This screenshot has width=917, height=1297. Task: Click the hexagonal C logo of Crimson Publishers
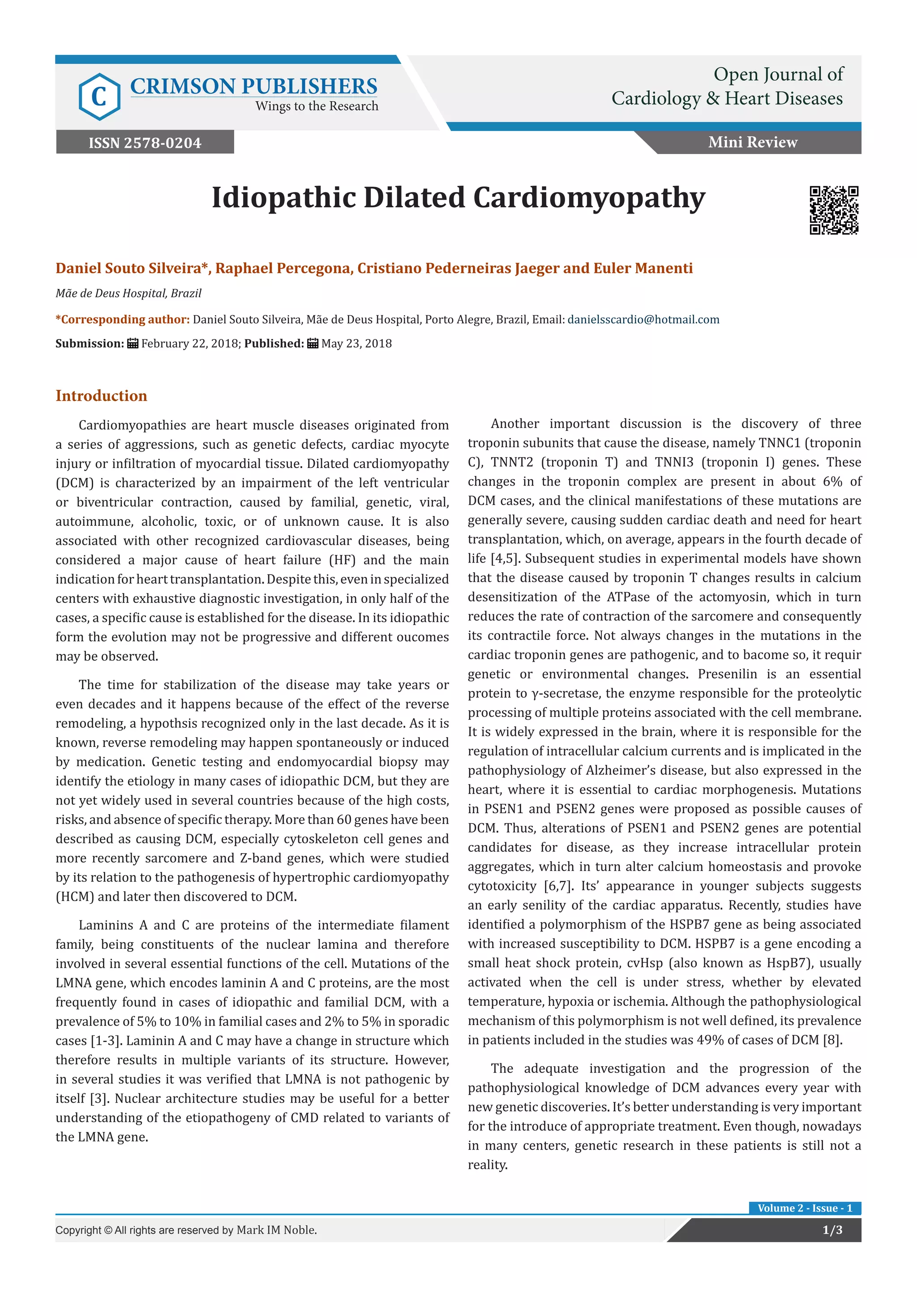click(x=99, y=97)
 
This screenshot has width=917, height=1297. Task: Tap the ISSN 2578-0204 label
click(x=145, y=142)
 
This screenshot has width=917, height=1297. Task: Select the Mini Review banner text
click(x=753, y=142)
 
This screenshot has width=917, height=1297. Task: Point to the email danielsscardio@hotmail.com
click(x=643, y=320)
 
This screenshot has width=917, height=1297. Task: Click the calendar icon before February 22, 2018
click(x=133, y=344)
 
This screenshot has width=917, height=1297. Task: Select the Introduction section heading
click(x=101, y=395)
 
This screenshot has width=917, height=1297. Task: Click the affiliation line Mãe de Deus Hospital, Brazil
click(x=128, y=293)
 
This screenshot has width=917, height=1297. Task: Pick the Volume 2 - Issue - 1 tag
click(x=805, y=1208)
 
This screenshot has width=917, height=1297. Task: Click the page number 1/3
click(x=832, y=1230)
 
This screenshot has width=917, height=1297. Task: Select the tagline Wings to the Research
click(x=316, y=106)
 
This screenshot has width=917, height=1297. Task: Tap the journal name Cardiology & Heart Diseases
click(x=727, y=99)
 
